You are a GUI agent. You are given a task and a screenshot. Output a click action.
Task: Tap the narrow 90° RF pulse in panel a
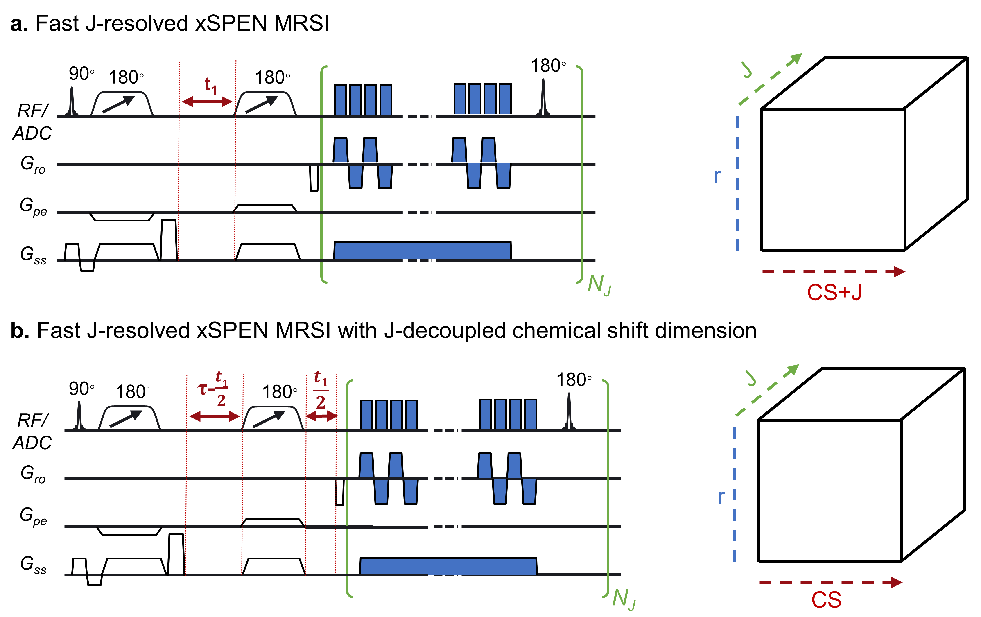(72, 102)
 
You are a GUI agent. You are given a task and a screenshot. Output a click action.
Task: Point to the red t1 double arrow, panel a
(207, 102)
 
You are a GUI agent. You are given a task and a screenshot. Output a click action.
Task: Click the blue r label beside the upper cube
(717, 176)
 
